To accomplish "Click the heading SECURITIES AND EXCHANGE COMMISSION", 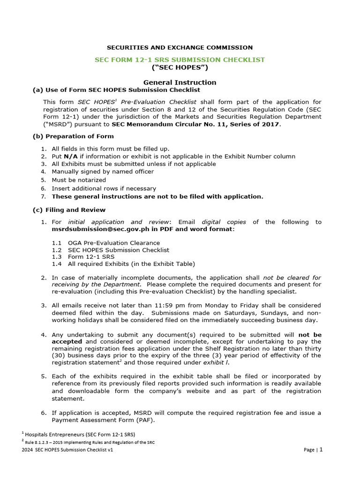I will [180, 47].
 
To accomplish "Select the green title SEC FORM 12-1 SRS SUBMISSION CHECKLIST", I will [180, 60].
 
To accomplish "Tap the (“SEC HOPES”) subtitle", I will [180, 68].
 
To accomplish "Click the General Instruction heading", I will [180, 82].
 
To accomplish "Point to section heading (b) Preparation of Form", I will [73, 136].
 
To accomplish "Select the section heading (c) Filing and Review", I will [69, 210].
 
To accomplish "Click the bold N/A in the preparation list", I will [71, 156].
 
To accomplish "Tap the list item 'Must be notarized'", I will [79, 180].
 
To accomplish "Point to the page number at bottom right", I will [321, 450].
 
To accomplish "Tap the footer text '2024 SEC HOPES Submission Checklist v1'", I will [68, 450].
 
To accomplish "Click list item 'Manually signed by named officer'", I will [103, 172].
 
